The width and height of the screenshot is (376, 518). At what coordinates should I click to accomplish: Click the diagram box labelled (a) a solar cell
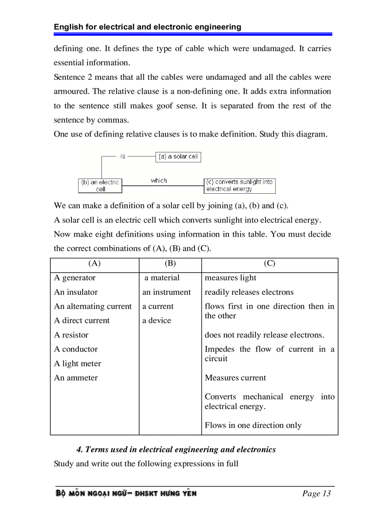click(178, 157)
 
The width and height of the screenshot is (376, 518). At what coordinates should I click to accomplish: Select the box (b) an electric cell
click(100, 185)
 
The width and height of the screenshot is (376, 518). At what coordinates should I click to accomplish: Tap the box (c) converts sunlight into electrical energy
click(240, 185)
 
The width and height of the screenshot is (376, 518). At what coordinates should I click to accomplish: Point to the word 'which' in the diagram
click(159, 181)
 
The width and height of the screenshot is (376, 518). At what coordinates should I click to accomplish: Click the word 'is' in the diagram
click(123, 156)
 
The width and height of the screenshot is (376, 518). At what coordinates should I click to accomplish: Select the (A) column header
click(94, 263)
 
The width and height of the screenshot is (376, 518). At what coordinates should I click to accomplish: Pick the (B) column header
click(170, 263)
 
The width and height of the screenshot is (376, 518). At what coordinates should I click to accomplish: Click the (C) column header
click(270, 263)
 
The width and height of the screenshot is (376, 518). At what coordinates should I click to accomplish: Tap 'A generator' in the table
click(75, 278)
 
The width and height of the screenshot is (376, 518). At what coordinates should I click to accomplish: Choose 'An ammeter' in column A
click(76, 378)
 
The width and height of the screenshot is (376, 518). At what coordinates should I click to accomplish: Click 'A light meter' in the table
click(77, 363)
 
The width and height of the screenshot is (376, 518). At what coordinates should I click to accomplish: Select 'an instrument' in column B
click(166, 292)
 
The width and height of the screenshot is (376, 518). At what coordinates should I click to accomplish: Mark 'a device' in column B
click(156, 321)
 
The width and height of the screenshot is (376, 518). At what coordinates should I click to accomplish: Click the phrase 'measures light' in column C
click(230, 278)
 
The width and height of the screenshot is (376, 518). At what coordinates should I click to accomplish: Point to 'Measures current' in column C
click(235, 378)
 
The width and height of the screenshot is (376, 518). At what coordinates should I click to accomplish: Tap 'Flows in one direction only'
click(253, 425)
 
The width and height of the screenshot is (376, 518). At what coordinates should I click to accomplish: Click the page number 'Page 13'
click(317, 494)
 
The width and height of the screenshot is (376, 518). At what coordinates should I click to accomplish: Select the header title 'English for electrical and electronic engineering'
click(147, 27)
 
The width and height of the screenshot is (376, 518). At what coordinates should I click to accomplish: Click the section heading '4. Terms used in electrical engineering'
click(176, 449)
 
